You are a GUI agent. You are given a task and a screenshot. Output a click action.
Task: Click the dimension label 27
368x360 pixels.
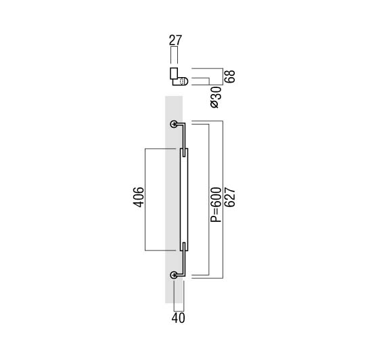pos(176,40)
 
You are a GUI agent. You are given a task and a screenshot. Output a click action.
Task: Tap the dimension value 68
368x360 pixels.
pos(230,76)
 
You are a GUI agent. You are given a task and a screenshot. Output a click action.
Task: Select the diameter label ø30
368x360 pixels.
pos(216,97)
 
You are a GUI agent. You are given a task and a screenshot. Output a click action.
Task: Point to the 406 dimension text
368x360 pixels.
pos(139,197)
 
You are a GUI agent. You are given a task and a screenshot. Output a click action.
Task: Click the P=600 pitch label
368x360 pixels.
pos(216,205)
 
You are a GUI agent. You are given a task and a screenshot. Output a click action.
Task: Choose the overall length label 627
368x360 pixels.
pos(230,197)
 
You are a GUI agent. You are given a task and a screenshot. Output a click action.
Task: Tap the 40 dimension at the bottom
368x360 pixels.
pos(178,318)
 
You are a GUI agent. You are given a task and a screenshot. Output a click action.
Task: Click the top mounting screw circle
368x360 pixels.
pos(174,124)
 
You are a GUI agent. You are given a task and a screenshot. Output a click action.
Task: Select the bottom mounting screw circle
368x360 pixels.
pos(174,275)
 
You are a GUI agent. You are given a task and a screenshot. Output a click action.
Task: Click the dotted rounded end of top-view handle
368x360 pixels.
pos(183,81)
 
